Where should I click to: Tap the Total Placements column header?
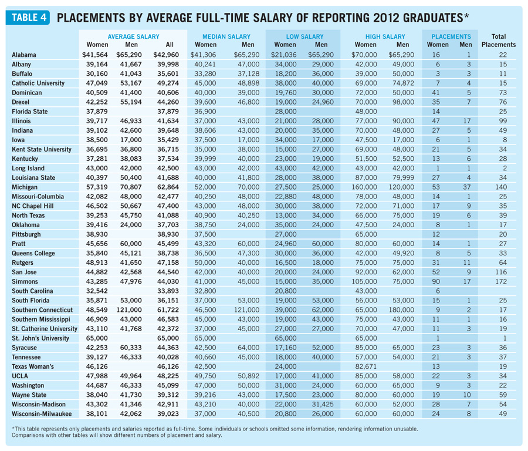pos(498,40)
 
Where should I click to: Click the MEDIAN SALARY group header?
pos(226,36)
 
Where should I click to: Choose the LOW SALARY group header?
pos(303,36)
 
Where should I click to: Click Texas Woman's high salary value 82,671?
pos(365,366)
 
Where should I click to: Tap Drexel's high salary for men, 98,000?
pos(402,102)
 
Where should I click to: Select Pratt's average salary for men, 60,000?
pos(131,244)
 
